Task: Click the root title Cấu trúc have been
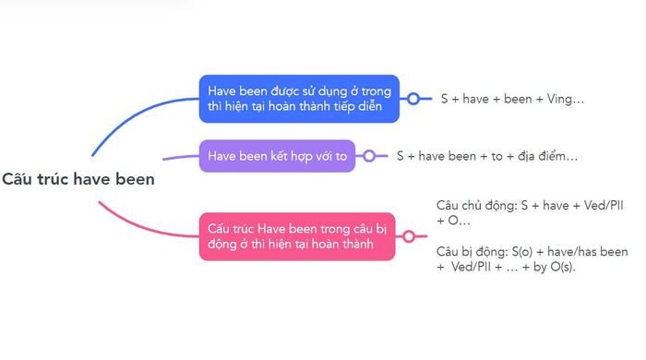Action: [x=78, y=179]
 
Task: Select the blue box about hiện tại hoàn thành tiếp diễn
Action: [x=299, y=99]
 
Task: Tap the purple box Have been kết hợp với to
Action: [x=277, y=156]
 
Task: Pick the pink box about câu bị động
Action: [x=296, y=236]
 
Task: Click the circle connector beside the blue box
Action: [x=414, y=99]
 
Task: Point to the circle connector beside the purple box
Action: [x=369, y=156]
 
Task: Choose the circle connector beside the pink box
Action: [x=409, y=236]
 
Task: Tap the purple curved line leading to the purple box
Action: [x=180, y=157]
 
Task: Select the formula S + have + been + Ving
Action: [x=511, y=99]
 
